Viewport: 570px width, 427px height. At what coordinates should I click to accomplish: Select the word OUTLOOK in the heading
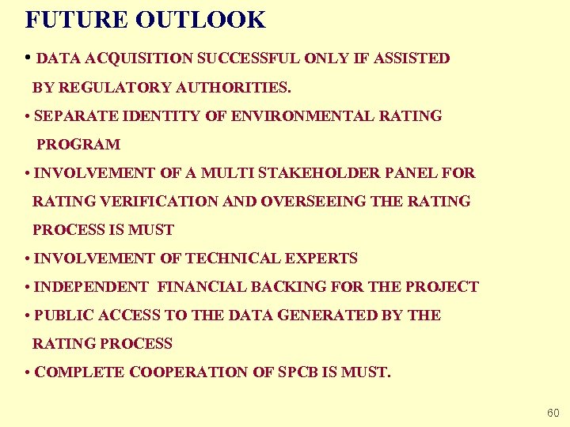tap(201, 20)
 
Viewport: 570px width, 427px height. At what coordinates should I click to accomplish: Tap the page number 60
tap(553, 414)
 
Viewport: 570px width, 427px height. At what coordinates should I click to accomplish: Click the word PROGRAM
tap(78, 145)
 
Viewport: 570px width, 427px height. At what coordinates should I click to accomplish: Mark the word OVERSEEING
tap(313, 202)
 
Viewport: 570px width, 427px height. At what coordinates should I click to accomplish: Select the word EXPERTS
tap(325, 259)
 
